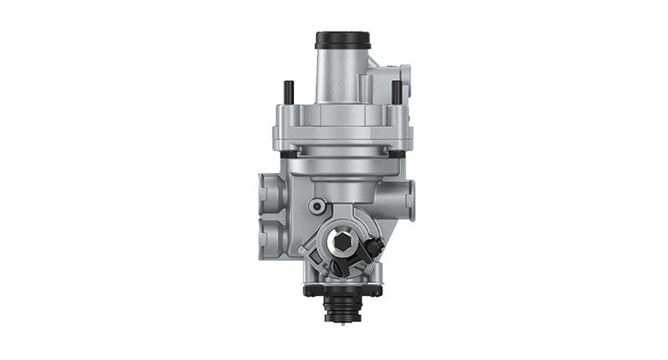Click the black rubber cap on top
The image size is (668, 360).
[x=342, y=40]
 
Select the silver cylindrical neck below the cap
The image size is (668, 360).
[x=337, y=75]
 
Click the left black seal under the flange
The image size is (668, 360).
[x=288, y=154]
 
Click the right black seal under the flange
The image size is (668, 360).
[x=396, y=154]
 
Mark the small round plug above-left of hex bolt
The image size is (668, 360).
[x=317, y=205]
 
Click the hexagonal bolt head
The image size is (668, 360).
[x=343, y=242]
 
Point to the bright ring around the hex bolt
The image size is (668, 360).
[x=343, y=230]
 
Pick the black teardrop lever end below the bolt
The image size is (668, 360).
[x=338, y=267]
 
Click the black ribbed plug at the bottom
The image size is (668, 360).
[x=343, y=307]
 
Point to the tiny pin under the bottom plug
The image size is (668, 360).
[x=343, y=322]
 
